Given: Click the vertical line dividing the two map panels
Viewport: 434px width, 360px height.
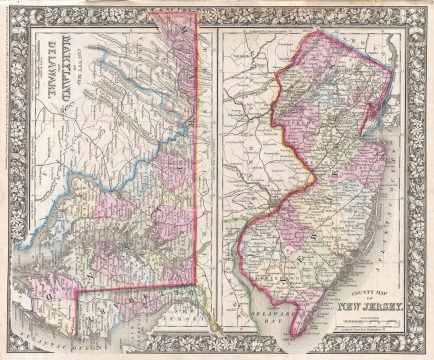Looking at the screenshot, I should (217, 150).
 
